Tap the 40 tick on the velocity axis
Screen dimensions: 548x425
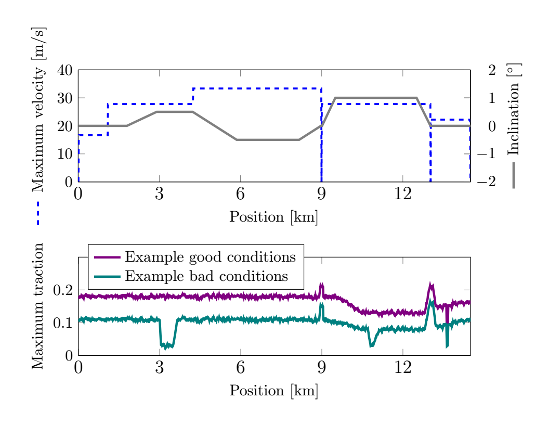click(65, 70)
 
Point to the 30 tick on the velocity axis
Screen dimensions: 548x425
click(65, 98)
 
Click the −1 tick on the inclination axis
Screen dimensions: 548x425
click(486, 153)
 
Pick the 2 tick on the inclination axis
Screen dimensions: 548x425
click(492, 70)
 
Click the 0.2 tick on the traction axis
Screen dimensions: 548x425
click(63, 290)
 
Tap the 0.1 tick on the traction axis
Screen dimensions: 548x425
click(63, 323)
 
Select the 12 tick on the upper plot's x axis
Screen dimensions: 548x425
click(402, 194)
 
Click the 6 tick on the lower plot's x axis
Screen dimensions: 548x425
click(240, 367)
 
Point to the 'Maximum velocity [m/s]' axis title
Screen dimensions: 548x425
click(38, 109)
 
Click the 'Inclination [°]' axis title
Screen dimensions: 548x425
click(513, 109)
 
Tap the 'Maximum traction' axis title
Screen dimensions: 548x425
click(38, 306)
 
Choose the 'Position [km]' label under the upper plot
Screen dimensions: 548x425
click(273, 217)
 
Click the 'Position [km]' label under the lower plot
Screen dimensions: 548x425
click(273, 391)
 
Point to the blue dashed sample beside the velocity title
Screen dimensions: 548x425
click(38, 213)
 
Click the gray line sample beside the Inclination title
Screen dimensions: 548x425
click(513, 175)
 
